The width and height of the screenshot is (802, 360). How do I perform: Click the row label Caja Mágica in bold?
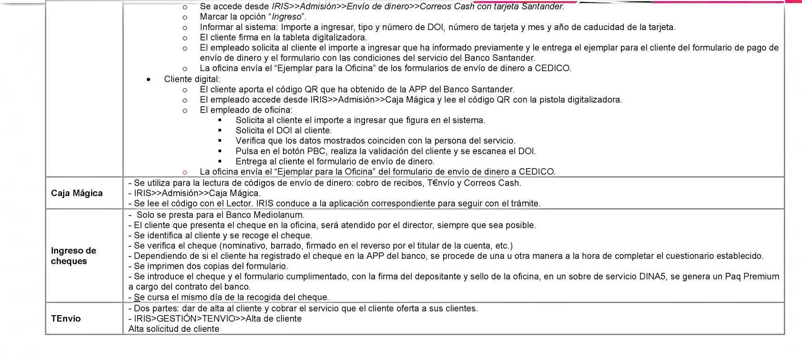coord(77,193)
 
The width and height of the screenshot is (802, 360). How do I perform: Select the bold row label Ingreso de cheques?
coord(73,256)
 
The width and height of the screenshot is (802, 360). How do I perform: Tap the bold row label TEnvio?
coord(66,319)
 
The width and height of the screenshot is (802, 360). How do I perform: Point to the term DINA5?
coord(650,277)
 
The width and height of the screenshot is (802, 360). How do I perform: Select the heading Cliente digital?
coord(192,79)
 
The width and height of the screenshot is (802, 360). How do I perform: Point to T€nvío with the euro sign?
coord(443,183)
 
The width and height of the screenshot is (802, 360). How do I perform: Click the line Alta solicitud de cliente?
coord(173,329)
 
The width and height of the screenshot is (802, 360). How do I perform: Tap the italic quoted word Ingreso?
coord(286,17)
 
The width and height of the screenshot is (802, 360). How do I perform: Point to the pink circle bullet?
coord(185,172)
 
